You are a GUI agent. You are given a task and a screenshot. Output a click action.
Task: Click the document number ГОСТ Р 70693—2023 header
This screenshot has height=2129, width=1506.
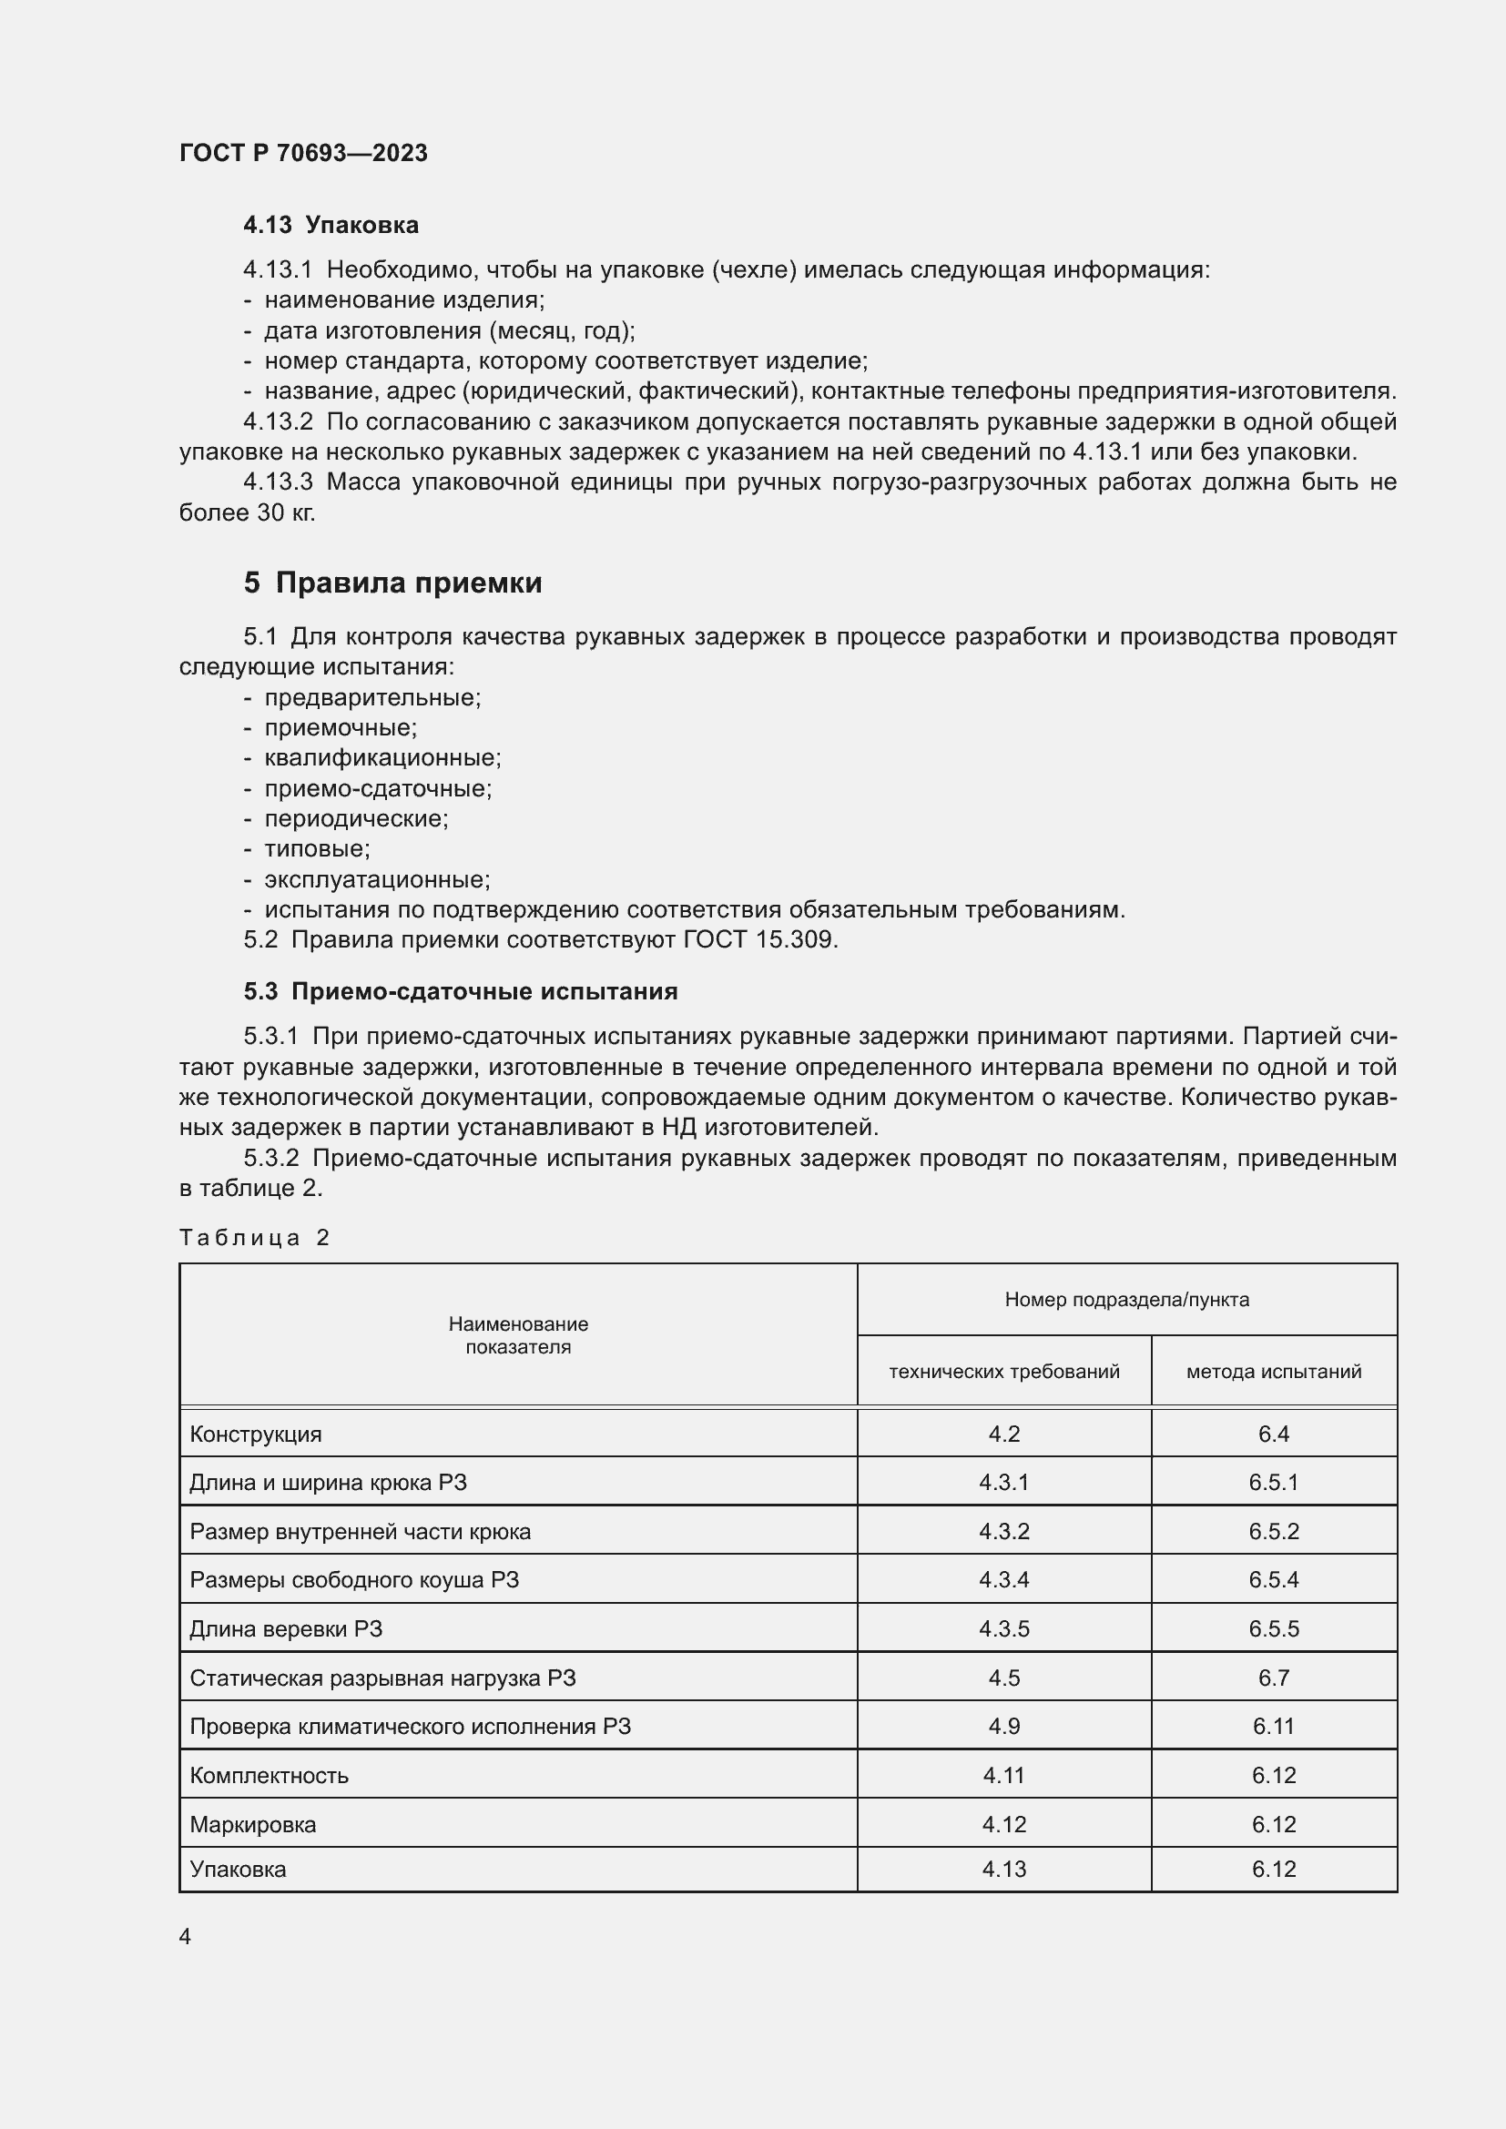(303, 153)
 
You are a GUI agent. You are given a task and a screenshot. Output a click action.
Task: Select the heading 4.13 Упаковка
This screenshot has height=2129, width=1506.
(331, 226)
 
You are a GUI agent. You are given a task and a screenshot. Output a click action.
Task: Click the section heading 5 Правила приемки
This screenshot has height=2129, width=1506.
(393, 583)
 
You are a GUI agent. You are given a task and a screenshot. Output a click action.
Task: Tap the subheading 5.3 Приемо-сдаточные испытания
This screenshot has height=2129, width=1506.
(461, 991)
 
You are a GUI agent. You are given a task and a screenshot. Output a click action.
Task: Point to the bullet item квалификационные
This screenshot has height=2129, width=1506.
(382, 757)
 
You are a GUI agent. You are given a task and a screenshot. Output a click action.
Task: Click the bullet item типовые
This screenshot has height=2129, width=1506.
(317, 848)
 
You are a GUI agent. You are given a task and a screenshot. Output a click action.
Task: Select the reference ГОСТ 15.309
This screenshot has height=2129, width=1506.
(760, 939)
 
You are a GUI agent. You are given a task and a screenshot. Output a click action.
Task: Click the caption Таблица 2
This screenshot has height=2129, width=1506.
(255, 1238)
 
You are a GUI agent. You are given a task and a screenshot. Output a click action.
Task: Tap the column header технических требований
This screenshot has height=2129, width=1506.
(1003, 1372)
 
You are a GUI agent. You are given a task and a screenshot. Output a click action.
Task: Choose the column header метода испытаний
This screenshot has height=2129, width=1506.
(1273, 1372)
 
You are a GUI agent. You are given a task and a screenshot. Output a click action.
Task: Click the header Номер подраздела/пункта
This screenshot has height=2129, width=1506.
(1126, 1299)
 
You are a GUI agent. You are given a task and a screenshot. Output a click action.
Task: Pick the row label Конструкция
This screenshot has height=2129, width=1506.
(256, 1435)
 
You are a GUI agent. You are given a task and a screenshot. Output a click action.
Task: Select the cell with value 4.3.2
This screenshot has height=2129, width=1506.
(1003, 1531)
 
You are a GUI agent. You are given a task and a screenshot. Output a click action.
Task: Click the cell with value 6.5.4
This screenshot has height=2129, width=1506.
(1273, 1579)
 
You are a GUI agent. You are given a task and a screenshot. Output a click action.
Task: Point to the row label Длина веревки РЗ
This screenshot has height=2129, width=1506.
(286, 1628)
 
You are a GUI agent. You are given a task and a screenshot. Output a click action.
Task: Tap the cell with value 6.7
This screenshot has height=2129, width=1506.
(1273, 1678)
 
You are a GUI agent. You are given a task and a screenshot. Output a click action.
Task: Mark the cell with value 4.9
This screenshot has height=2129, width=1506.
(1003, 1726)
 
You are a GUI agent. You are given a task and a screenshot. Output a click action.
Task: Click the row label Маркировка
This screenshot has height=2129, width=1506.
(253, 1824)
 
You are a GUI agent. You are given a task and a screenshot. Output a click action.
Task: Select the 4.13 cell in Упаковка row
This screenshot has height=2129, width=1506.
(1003, 1869)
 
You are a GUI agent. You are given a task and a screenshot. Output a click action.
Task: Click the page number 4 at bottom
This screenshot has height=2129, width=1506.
(186, 1937)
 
